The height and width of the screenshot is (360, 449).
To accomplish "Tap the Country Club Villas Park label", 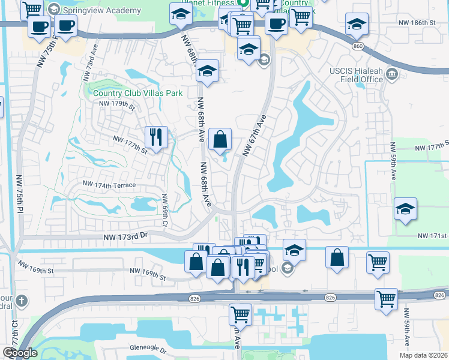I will tap(137, 93).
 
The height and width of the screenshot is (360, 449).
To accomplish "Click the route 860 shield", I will tap(358, 46).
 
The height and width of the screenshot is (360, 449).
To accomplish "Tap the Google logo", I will tap(20, 353).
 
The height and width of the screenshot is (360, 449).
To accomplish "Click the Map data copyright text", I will tap(415, 355).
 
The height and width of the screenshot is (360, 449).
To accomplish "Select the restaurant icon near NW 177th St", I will tap(156, 137).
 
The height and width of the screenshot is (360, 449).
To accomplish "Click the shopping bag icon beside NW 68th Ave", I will tap(221, 140).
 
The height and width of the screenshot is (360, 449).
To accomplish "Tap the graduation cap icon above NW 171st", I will tap(405, 209).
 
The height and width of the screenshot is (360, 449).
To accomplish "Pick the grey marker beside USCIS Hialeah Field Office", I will tap(393, 74).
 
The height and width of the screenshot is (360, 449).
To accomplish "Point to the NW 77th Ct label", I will tap(13, 339).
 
